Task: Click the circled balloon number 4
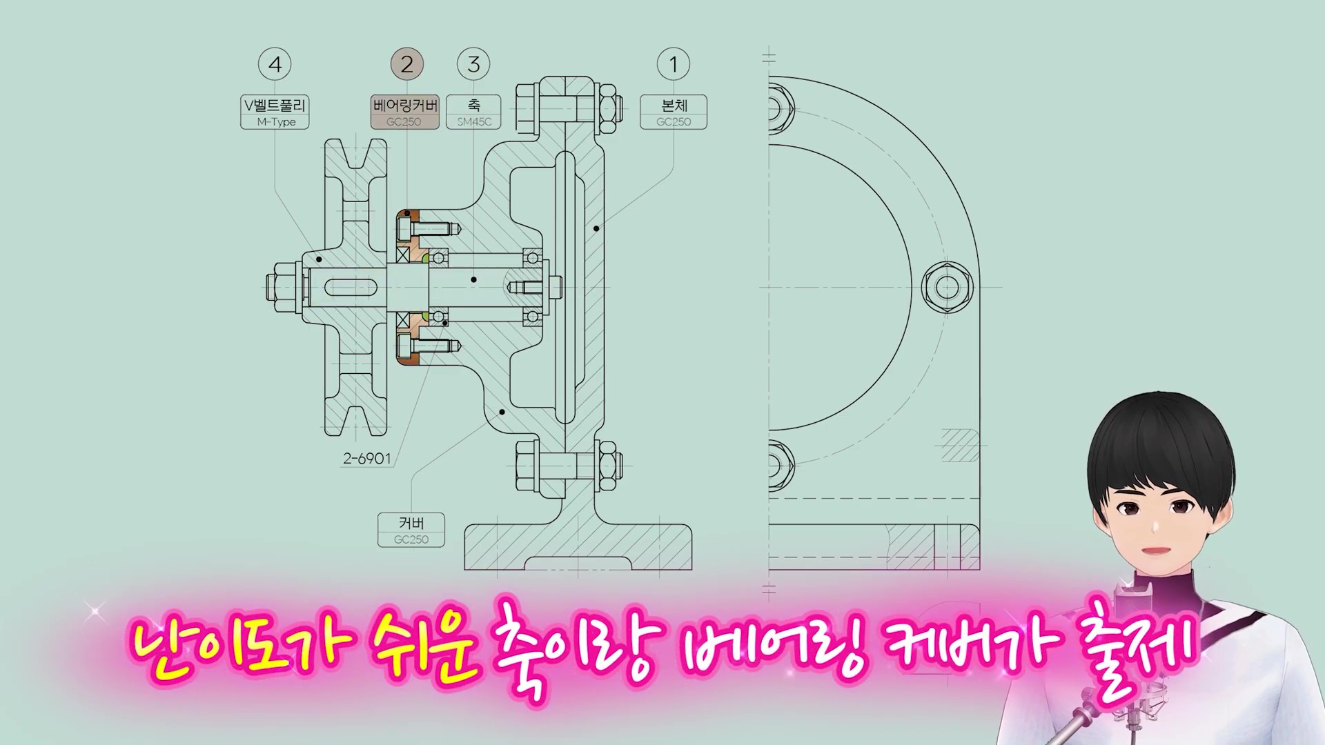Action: point(275,64)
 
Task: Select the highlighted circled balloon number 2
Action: point(406,64)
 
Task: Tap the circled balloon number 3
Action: point(473,64)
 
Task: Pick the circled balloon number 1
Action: point(674,64)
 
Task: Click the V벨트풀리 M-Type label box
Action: point(275,112)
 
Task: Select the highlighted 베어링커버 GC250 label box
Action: point(405,112)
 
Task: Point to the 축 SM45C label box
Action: point(473,112)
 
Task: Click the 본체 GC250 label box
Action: point(674,112)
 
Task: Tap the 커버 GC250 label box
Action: point(411,530)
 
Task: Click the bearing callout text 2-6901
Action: point(367,458)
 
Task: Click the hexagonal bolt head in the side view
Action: point(948,287)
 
